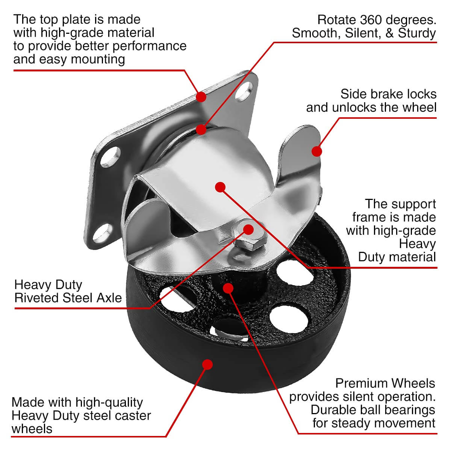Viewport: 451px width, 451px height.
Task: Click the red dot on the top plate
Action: [x=201, y=97]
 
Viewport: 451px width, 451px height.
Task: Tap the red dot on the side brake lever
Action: [x=317, y=151]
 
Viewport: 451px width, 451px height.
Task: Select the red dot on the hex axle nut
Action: [x=248, y=229]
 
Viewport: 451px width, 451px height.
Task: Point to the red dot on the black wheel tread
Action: [x=207, y=364]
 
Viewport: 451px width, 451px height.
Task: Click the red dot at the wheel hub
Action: [x=228, y=288]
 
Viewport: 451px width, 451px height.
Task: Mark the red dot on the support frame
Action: [x=220, y=186]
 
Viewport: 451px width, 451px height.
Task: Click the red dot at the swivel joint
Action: [x=201, y=130]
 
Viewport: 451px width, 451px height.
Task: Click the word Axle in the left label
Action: [x=109, y=298]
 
